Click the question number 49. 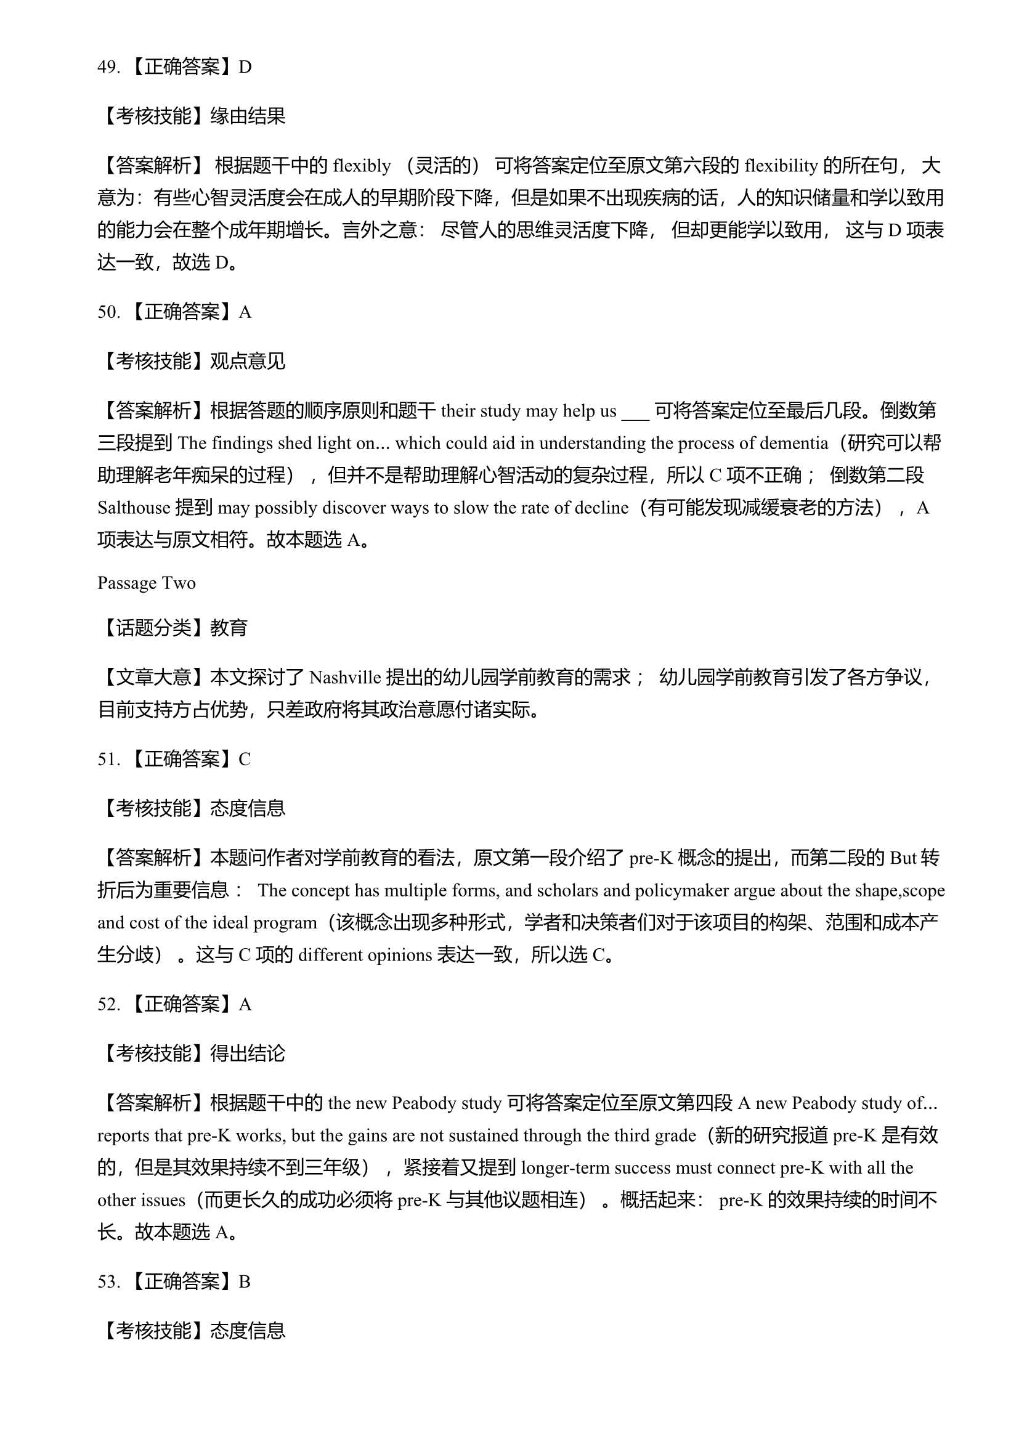tap(107, 67)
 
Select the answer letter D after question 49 tap(245, 67)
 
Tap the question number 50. tap(107, 312)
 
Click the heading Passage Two tap(146, 583)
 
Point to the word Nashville tap(345, 678)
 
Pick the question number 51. tap(107, 760)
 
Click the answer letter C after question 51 tap(245, 760)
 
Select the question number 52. tap(107, 1004)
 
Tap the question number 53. tap(107, 1281)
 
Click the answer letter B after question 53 tap(245, 1281)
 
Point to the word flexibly tap(362, 166)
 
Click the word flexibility tap(781, 166)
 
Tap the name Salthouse tap(134, 507)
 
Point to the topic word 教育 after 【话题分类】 tap(229, 628)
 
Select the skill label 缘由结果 tap(248, 116)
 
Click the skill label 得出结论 tap(248, 1053)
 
